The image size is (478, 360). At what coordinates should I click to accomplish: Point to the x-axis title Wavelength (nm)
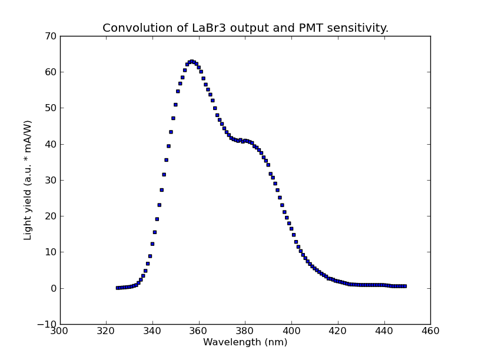pyautogui.click(x=245, y=342)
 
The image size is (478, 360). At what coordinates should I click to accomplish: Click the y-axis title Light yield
pyautogui.click(x=28, y=180)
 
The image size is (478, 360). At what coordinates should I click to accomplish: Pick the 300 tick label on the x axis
pyautogui.click(x=60, y=331)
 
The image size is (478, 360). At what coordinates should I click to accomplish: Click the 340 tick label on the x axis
pyautogui.click(x=152, y=331)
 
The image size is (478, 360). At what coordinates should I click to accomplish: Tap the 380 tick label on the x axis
pyautogui.click(x=245, y=331)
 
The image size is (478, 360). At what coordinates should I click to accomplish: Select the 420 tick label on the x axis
pyautogui.click(x=337, y=331)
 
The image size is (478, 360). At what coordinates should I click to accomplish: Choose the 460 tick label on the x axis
pyautogui.click(x=430, y=331)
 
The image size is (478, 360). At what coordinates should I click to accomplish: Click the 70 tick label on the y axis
pyautogui.click(x=50, y=36)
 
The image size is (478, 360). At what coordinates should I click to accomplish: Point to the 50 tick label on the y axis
pyautogui.click(x=50, y=108)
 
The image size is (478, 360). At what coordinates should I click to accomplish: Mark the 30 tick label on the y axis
pyautogui.click(x=50, y=180)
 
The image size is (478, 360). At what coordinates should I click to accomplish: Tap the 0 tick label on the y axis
pyautogui.click(x=52, y=288)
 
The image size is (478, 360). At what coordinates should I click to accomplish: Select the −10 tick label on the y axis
pyautogui.click(x=47, y=324)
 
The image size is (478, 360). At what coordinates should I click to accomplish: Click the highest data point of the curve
pyautogui.click(x=191, y=61)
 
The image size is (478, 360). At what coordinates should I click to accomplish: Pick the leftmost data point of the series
pyautogui.click(x=118, y=288)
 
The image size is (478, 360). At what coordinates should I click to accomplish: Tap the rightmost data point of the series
pyautogui.click(x=404, y=286)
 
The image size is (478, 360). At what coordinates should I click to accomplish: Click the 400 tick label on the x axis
pyautogui.click(x=291, y=331)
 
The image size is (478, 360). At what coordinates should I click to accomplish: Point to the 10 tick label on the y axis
pyautogui.click(x=50, y=252)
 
